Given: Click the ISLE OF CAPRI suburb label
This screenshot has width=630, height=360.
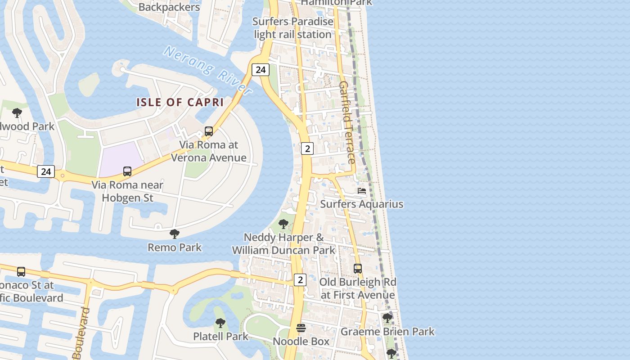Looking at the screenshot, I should tap(180, 102).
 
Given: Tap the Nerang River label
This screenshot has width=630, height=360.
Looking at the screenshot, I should tap(207, 70).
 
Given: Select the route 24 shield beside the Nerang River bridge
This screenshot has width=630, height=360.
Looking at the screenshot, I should tap(260, 69).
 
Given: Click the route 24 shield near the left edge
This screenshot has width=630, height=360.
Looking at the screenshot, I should tap(46, 171).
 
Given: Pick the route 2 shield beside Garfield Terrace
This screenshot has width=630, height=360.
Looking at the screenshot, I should tap(307, 148).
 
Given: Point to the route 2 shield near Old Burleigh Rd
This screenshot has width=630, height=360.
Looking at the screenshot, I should tap(300, 279).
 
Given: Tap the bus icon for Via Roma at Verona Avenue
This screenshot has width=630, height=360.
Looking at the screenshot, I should tap(209, 131).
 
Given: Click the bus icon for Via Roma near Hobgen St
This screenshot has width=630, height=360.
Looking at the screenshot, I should tap(127, 171).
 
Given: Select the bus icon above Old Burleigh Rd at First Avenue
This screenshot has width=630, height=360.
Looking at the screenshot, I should tap(358, 269).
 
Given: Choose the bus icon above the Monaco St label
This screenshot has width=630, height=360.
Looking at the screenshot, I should tap(21, 272).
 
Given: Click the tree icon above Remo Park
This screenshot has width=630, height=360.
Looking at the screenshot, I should tap(175, 234).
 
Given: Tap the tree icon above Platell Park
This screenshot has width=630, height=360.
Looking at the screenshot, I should tap(220, 323).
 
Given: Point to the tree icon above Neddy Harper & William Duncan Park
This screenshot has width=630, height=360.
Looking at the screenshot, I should tap(283, 224).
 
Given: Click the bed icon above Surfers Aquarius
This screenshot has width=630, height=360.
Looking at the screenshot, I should tap(362, 191).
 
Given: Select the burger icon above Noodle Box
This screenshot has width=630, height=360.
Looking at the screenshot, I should tap(301, 328).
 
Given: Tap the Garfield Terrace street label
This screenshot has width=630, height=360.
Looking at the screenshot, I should tap(347, 122).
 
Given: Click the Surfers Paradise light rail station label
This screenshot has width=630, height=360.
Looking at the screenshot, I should tap(293, 28).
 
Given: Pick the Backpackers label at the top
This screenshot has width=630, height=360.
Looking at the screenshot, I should tap(169, 7).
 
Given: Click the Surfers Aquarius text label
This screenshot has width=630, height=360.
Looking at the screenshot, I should tap(362, 204).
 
